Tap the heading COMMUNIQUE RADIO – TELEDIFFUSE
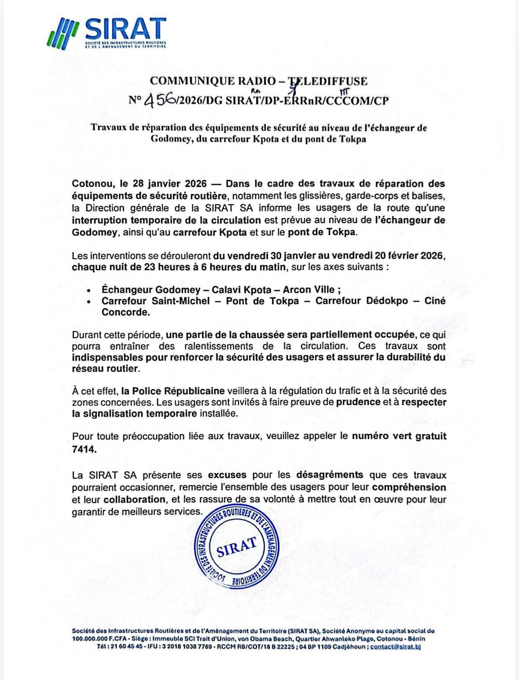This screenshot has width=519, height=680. coord(258,81)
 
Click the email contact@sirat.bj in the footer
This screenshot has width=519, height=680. coord(396,647)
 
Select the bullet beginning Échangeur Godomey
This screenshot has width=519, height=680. coord(221,289)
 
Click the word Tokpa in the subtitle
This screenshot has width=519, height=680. coord(351,140)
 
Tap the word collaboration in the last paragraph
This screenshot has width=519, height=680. coord(135,500)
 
